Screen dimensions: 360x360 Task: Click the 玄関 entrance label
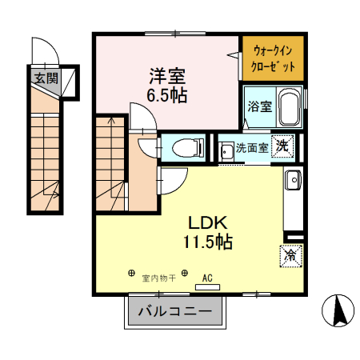point(46,78)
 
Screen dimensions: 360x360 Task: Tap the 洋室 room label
point(167,77)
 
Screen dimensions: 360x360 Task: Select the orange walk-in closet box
point(273,58)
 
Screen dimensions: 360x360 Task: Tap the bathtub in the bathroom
point(289,109)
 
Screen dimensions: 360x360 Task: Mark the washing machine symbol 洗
point(282,146)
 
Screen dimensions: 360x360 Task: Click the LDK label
point(210,222)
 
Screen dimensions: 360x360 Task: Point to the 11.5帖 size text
point(210,242)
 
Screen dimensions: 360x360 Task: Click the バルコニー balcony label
point(174,311)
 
